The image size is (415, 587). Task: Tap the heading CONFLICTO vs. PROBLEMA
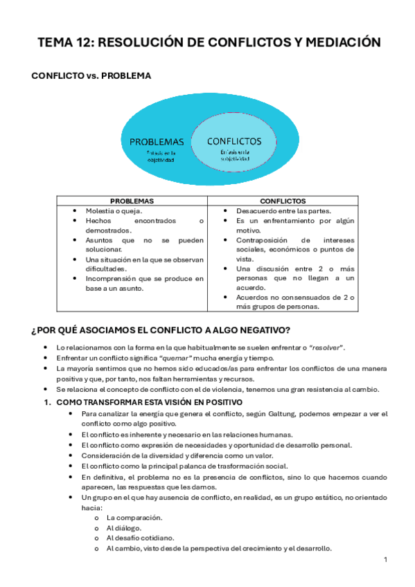(x=91, y=75)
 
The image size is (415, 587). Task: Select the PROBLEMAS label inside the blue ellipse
(x=157, y=141)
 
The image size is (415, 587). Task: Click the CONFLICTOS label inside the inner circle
(x=234, y=140)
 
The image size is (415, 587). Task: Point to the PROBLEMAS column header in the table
(x=132, y=201)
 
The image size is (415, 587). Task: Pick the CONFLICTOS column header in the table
(x=282, y=201)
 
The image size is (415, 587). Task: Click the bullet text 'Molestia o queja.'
(x=114, y=210)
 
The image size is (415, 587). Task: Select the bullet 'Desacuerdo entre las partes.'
(x=283, y=210)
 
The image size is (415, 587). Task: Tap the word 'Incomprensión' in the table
(x=110, y=278)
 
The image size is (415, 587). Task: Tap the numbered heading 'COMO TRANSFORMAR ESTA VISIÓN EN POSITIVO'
(x=148, y=401)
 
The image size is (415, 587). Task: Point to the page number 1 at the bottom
(x=385, y=559)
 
